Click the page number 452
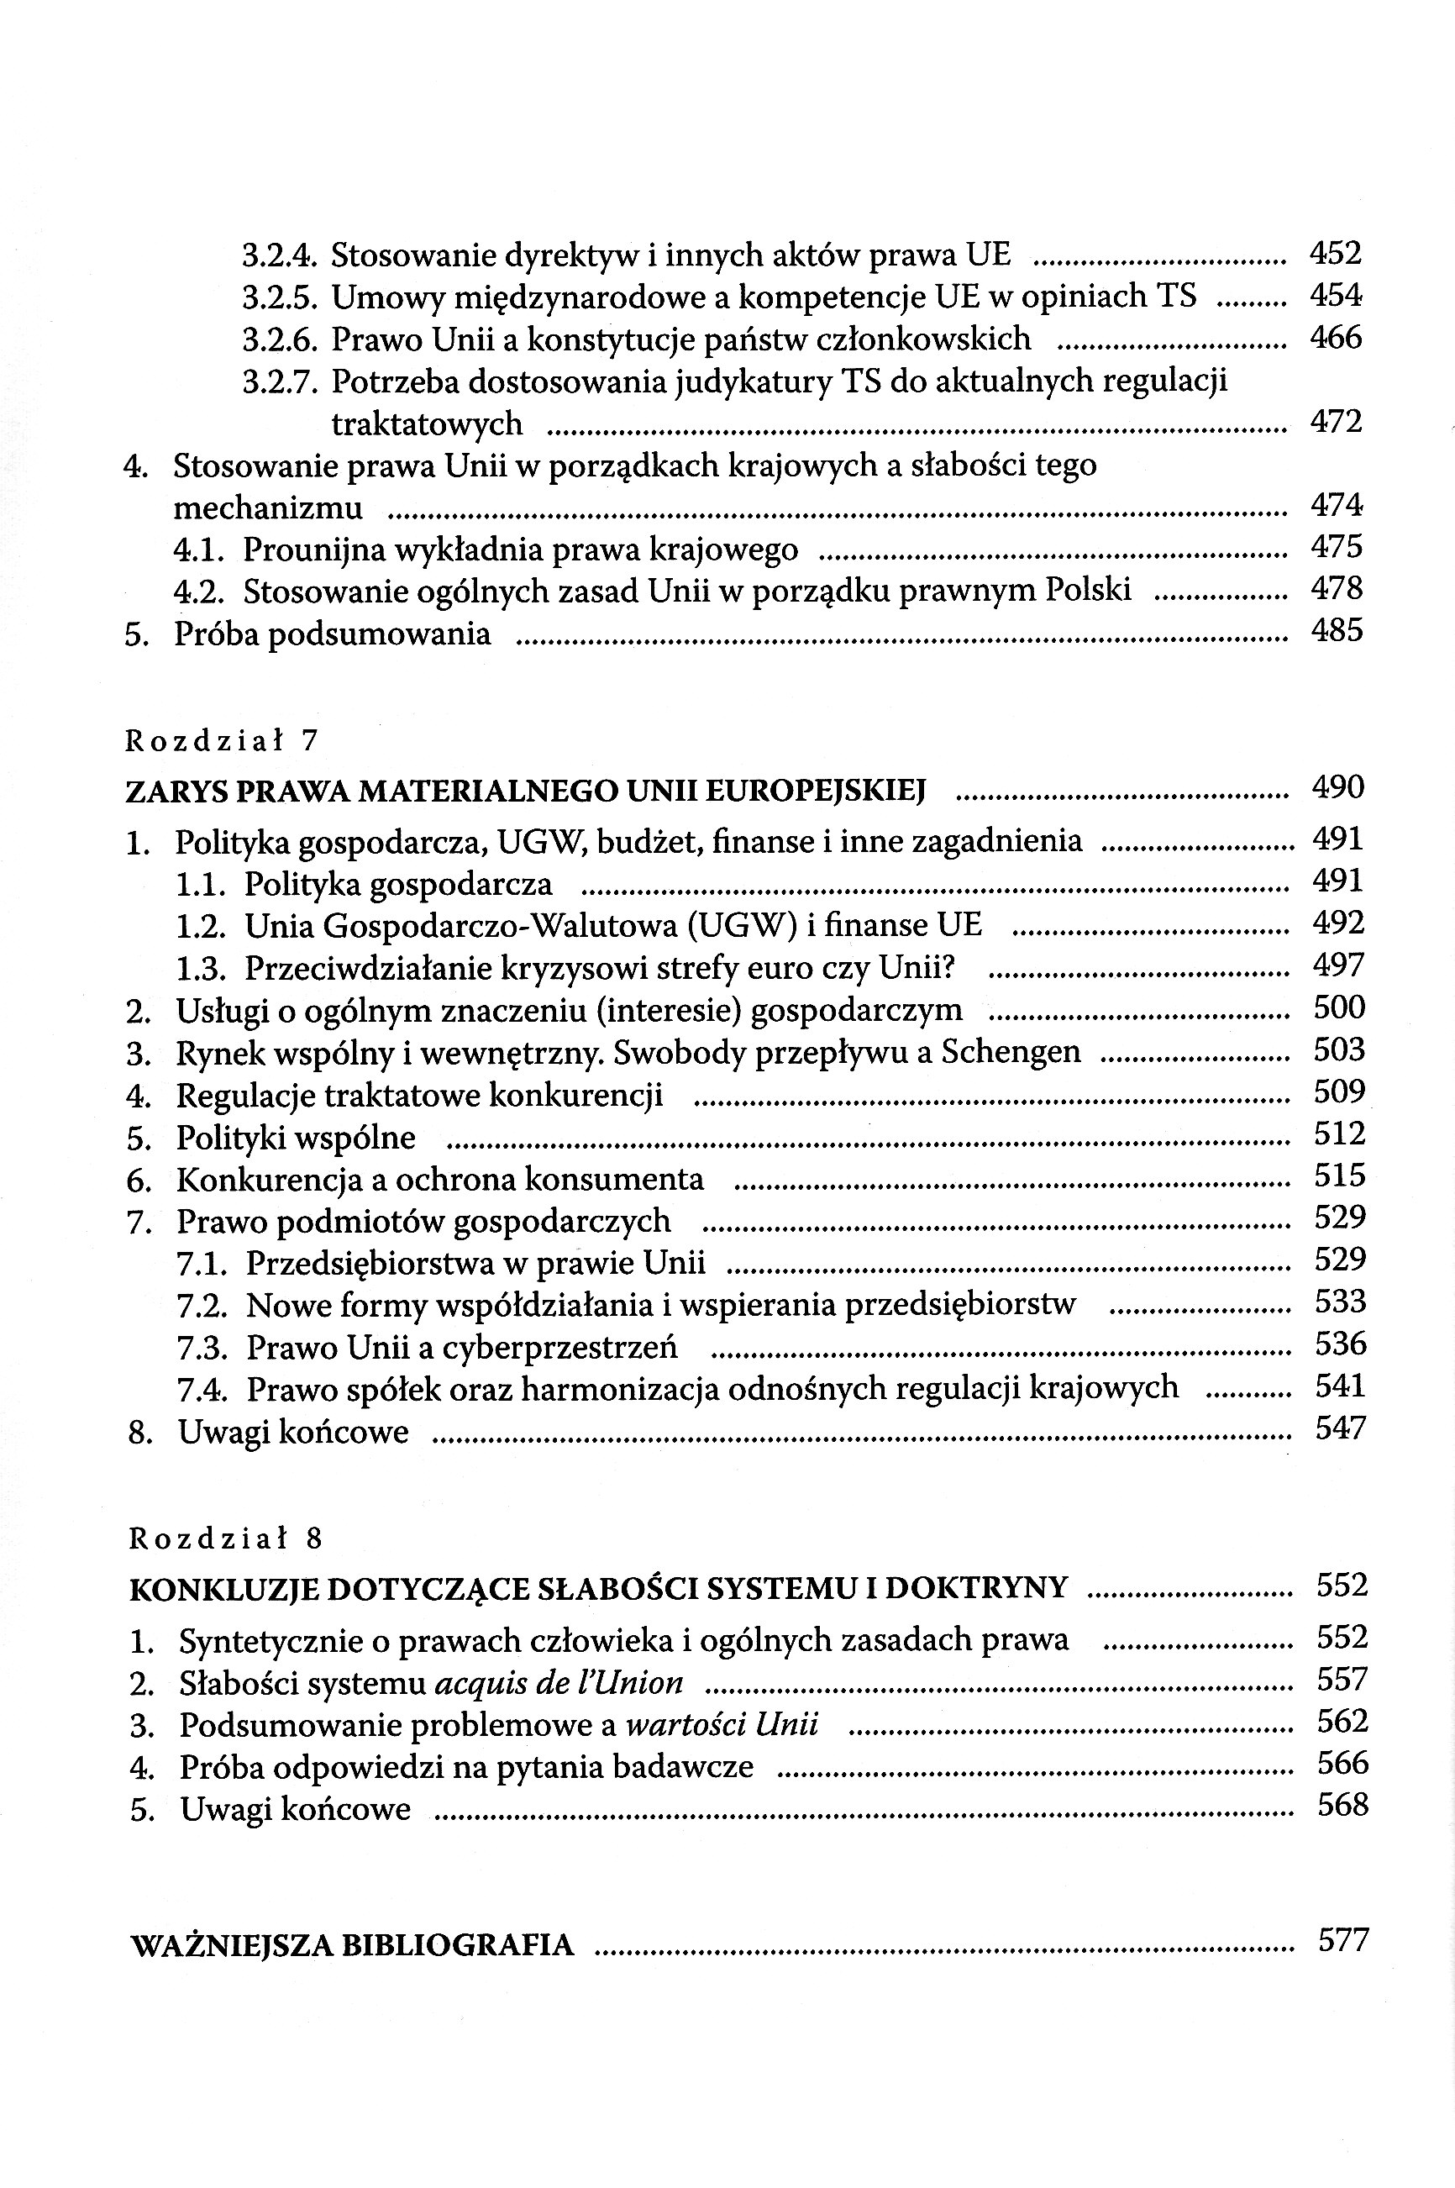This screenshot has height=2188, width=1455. (1336, 252)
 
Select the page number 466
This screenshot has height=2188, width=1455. (1336, 337)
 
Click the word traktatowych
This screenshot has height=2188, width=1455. (427, 424)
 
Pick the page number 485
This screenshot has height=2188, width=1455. (1337, 631)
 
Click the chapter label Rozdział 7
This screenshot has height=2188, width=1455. (222, 740)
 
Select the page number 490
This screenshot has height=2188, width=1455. (1338, 788)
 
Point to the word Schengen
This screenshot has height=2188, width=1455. (1011, 1051)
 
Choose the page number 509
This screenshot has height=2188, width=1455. (1339, 1092)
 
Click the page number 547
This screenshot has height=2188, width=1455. (1341, 1428)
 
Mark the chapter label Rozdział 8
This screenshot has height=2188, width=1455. (225, 1539)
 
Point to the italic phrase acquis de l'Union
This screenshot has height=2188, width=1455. (559, 1682)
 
